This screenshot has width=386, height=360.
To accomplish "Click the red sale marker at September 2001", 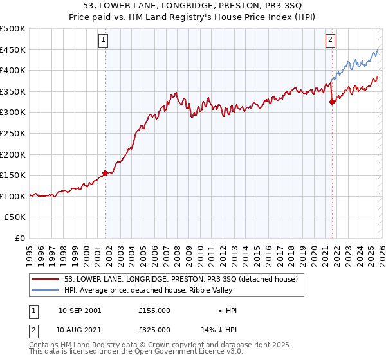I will [x=105, y=173].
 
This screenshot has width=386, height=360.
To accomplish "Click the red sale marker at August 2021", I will [x=332, y=102].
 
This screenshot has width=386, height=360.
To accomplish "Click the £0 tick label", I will [x=19, y=238].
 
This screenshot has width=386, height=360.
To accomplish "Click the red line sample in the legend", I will [x=46, y=280].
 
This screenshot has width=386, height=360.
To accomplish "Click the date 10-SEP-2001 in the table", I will [x=80, y=310].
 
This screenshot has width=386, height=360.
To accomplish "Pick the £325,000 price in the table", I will [x=154, y=329].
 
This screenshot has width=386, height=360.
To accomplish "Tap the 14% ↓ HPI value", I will [x=219, y=329].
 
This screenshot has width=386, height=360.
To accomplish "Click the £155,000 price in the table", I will [x=154, y=310].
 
